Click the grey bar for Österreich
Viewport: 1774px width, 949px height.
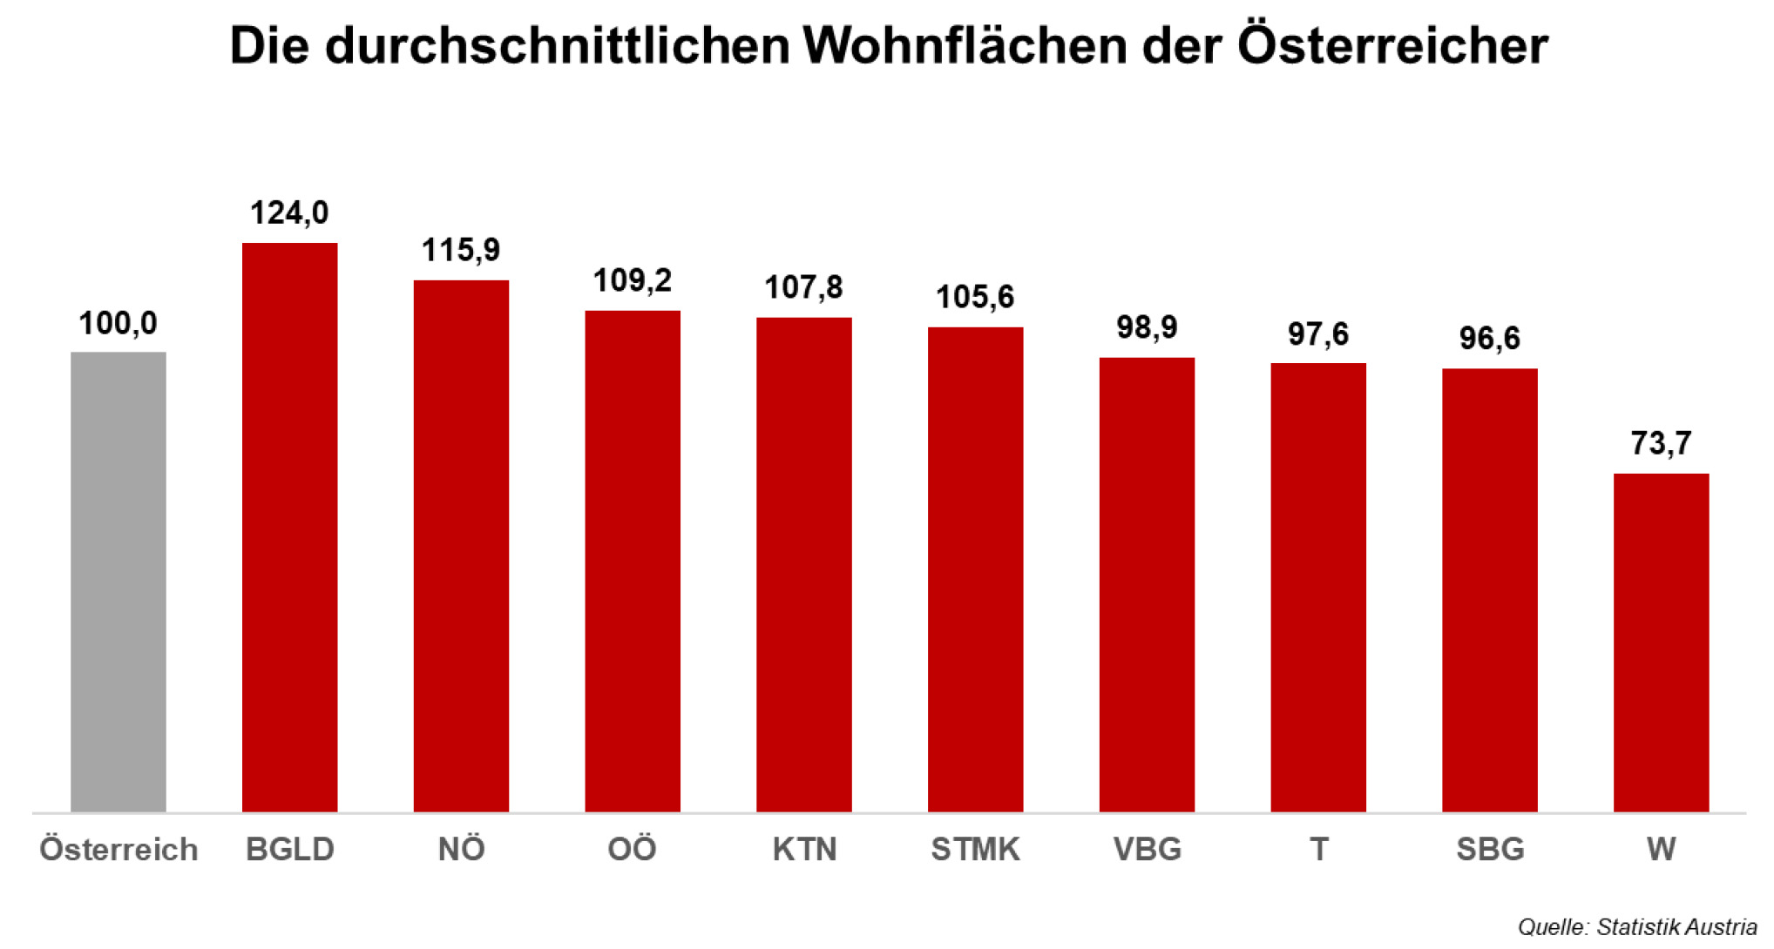(x=118, y=582)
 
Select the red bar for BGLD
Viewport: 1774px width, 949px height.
(x=289, y=527)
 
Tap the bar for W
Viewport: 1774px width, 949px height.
(x=1661, y=643)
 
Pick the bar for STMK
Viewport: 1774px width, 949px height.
(x=975, y=569)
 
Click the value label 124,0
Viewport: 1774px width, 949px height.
(x=289, y=212)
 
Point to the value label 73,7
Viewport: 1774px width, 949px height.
(x=1661, y=443)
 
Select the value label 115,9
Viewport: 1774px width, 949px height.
(x=461, y=250)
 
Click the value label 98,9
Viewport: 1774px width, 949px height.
(x=1147, y=327)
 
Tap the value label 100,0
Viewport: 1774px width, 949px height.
(x=118, y=323)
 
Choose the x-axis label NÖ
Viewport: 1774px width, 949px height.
(x=461, y=848)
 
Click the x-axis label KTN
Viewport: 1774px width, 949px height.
(x=804, y=848)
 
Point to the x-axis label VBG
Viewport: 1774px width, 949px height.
(x=1147, y=848)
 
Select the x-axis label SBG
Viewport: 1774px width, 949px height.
(x=1490, y=848)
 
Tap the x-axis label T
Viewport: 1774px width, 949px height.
(x=1318, y=848)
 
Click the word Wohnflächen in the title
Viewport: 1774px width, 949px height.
(x=965, y=45)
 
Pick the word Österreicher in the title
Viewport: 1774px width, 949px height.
(x=1392, y=45)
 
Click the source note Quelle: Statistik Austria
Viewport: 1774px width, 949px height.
(x=1636, y=927)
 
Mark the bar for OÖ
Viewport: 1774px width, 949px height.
(x=633, y=561)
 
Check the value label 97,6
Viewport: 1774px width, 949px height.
(x=1318, y=333)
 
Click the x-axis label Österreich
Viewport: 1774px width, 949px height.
(x=118, y=848)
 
